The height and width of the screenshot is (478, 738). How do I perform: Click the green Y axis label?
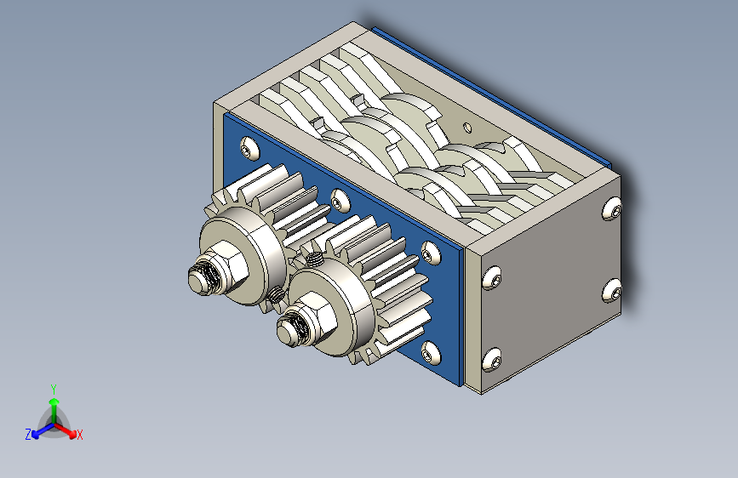click(x=54, y=389)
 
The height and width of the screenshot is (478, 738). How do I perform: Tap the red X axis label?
click(x=80, y=435)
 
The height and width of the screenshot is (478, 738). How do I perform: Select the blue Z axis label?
click(x=28, y=435)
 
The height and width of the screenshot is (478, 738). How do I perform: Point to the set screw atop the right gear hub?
click(x=314, y=259)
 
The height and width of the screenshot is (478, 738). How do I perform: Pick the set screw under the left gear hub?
click(x=277, y=295)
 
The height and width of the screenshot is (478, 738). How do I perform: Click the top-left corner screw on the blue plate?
click(x=249, y=148)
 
